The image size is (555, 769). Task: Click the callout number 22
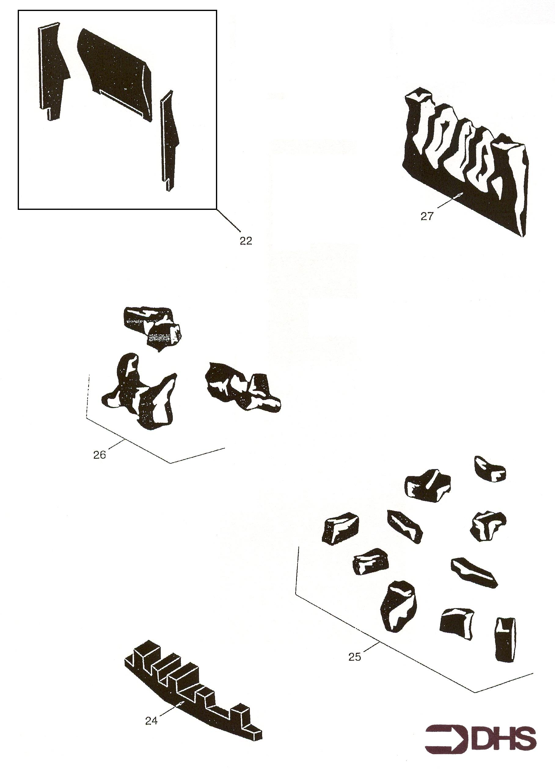(x=246, y=241)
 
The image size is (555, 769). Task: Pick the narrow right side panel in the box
(x=169, y=141)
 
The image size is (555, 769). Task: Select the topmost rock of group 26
(x=152, y=327)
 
